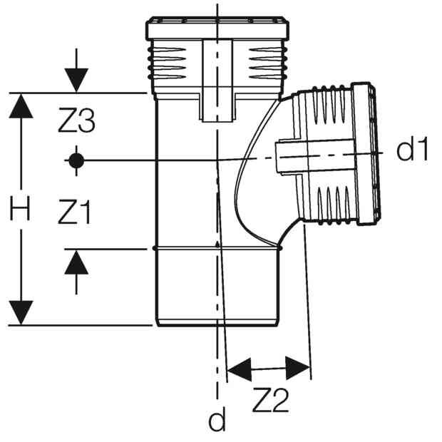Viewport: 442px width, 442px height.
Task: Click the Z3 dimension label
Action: click(x=76, y=120)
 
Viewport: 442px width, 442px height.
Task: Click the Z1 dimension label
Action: click(x=74, y=212)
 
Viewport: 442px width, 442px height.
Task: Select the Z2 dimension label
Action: click(x=271, y=400)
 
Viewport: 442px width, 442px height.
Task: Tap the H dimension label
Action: click(x=20, y=209)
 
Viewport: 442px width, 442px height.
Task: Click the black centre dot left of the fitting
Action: click(x=76, y=160)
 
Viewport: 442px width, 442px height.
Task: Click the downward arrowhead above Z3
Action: click(x=76, y=80)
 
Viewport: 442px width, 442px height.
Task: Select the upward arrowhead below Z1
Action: click(x=76, y=262)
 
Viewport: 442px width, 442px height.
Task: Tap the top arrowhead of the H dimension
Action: click(x=21, y=106)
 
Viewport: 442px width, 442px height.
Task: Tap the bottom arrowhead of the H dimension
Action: click(x=21, y=313)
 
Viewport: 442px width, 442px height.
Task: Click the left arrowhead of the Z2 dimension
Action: click(x=240, y=370)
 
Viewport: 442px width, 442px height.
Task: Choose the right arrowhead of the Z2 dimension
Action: click(x=298, y=368)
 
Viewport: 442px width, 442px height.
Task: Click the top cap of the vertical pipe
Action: click(x=217, y=28)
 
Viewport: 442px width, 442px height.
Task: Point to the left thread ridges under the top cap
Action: click(x=167, y=63)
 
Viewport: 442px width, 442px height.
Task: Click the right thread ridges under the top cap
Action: click(x=268, y=63)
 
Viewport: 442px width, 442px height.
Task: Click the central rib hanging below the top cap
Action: click(x=217, y=81)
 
